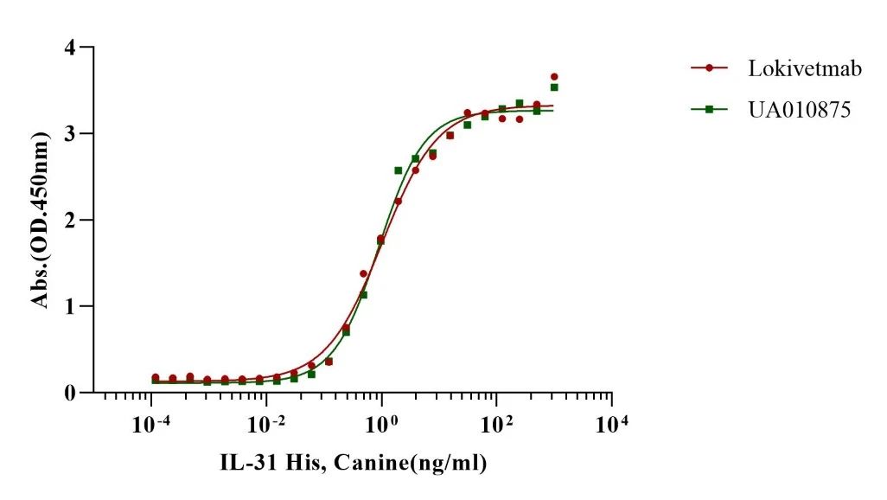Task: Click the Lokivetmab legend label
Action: click(805, 68)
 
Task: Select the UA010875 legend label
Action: click(802, 109)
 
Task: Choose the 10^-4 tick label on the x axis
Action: click(150, 425)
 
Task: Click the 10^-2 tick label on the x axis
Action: click(265, 425)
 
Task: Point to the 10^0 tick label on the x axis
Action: click(381, 425)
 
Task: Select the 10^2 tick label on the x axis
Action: click(496, 425)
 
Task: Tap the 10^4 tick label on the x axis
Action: click(611, 425)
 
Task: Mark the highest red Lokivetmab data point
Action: click(554, 77)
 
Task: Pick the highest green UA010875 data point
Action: click(554, 87)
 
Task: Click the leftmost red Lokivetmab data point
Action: click(155, 377)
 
